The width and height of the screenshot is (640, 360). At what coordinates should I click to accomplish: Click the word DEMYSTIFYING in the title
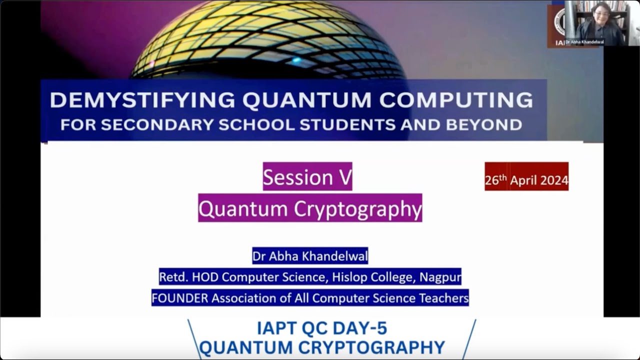click(x=142, y=100)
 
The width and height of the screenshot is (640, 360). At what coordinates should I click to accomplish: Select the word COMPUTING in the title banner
click(x=456, y=100)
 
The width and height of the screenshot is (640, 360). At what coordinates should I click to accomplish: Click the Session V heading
click(x=307, y=177)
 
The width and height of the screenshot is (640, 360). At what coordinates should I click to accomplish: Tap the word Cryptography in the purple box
click(x=357, y=208)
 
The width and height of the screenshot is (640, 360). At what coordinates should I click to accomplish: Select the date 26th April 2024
click(x=526, y=180)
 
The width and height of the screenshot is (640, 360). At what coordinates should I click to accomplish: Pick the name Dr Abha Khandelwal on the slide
click(x=310, y=256)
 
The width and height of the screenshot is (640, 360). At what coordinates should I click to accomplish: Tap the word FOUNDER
click(x=179, y=298)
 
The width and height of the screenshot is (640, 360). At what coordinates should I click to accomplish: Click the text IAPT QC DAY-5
click(x=322, y=328)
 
